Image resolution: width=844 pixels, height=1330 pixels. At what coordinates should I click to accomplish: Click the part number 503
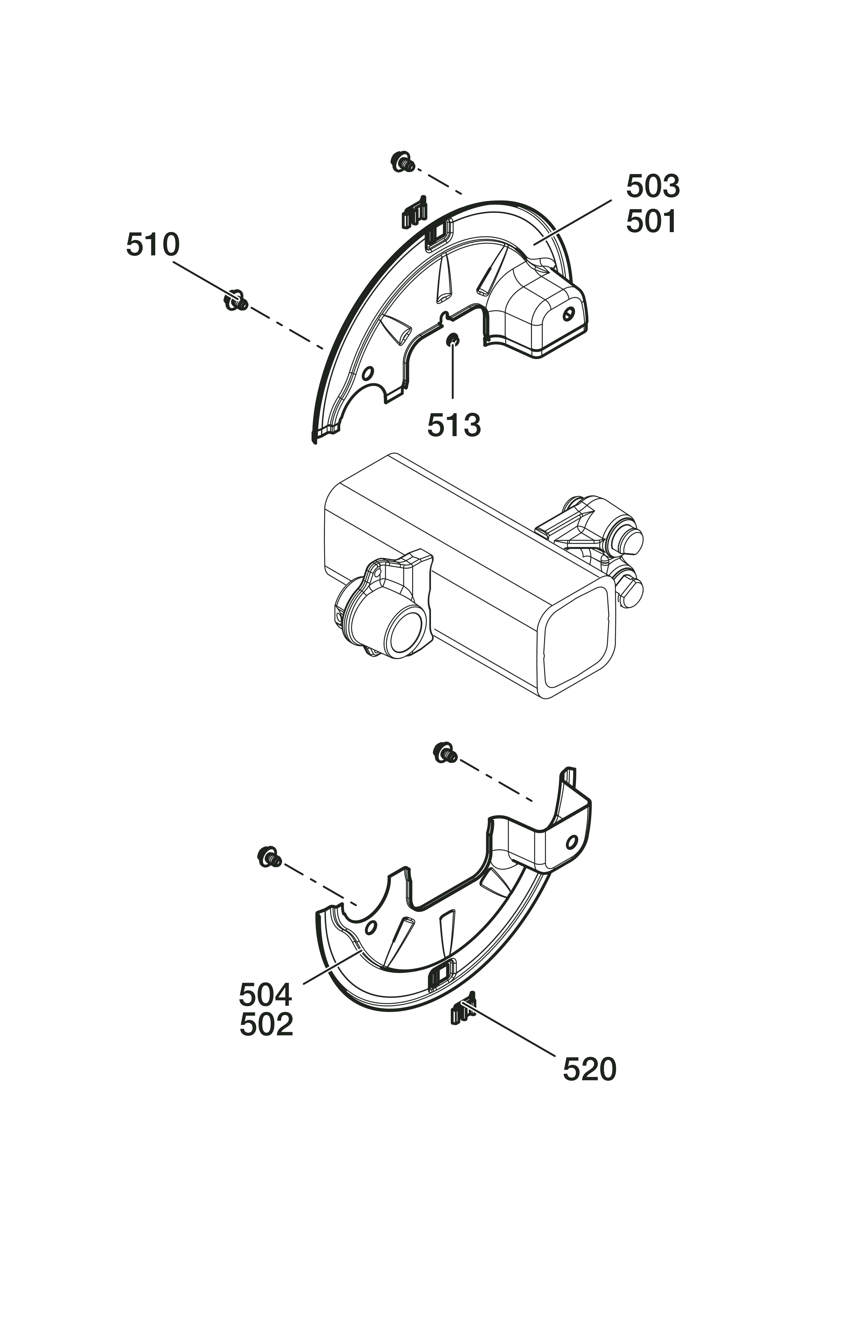point(652,187)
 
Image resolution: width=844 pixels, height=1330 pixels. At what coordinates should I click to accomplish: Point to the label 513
point(453,425)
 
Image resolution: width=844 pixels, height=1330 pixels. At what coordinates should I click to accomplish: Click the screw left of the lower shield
point(270,857)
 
